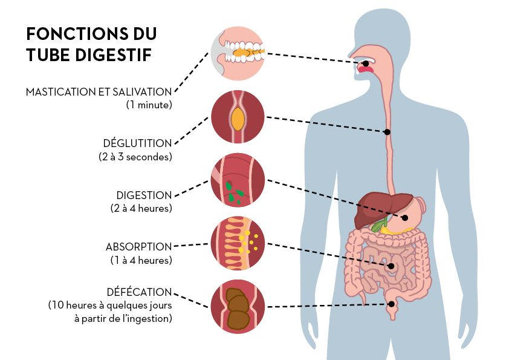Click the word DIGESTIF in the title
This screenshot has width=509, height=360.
[x=113, y=54]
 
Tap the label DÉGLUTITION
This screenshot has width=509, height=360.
[x=137, y=143]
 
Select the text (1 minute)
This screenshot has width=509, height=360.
[x=149, y=105]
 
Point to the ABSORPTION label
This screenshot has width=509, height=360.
[x=138, y=247]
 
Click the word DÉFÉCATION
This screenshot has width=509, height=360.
[x=139, y=292]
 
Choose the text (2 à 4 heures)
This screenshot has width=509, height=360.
[x=141, y=208]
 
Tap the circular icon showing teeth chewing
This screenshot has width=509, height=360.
[x=238, y=53]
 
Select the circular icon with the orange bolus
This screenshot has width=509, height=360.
[x=238, y=117]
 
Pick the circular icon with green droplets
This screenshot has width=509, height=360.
[x=238, y=180]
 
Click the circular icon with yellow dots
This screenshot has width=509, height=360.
[x=238, y=243]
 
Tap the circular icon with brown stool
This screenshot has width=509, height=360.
[x=238, y=306]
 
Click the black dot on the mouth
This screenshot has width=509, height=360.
[x=366, y=64]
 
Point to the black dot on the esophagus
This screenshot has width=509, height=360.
[x=387, y=132]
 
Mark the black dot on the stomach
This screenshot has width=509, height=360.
[x=405, y=218]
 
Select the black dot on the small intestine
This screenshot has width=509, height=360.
[x=391, y=266]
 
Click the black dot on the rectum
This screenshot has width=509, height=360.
[x=392, y=304]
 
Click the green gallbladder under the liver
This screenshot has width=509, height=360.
[x=379, y=225]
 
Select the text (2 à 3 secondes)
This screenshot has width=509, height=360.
[x=135, y=157]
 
